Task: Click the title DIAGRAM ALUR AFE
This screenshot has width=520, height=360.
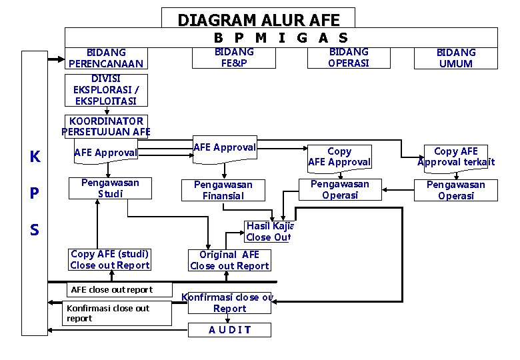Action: click(258, 20)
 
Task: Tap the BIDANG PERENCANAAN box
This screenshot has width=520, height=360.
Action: click(106, 58)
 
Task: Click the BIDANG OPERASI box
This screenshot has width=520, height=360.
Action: click(349, 57)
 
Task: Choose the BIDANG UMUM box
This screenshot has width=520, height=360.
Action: click(456, 58)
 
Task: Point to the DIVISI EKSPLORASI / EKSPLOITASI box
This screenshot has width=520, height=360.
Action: click(105, 90)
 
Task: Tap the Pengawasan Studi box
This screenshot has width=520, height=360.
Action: click(110, 188)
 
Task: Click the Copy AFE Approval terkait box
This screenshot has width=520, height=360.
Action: click(456, 157)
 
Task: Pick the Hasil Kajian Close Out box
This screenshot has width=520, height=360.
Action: click(268, 231)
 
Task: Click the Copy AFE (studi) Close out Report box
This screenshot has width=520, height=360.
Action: click(110, 259)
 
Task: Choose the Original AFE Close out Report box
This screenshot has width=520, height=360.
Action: click(229, 260)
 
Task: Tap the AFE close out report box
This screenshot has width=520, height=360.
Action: click(111, 289)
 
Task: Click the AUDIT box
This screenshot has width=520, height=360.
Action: click(229, 329)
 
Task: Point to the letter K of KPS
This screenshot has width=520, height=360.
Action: click(35, 157)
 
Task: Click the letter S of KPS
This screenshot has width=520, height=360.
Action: click(34, 230)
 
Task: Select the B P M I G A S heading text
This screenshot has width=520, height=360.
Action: click(281, 38)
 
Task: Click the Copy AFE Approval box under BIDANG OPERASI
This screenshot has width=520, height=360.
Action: click(339, 157)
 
